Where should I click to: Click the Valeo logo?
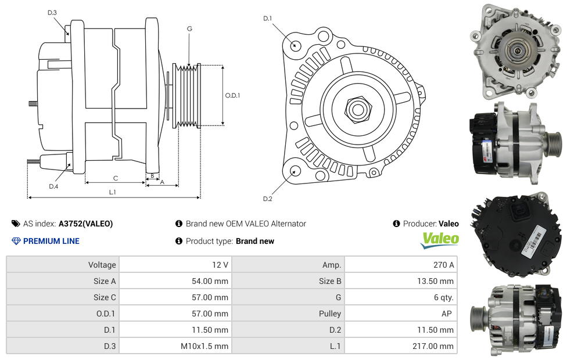pos(440,240)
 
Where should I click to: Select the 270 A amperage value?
pos(444,265)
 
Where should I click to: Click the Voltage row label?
pos(102,265)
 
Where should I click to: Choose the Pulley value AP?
pos(446,314)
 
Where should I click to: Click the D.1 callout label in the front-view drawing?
pos(267,19)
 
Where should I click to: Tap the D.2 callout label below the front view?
pos(267,199)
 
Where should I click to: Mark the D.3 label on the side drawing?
pos(52,12)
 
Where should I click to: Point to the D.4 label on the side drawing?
pos(53,186)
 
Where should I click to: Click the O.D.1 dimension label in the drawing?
pos(232,95)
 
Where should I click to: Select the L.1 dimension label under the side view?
pos(113,192)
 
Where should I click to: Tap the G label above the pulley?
pos(189,28)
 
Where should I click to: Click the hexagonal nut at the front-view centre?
pos(357,109)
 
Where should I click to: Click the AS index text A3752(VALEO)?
pos(85,224)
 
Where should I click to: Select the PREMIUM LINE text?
pos(51,241)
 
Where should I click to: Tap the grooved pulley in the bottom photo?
pos(480,321)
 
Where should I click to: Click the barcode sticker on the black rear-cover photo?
pos(536,237)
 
